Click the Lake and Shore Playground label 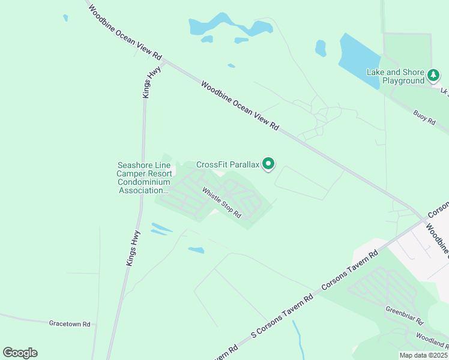396,76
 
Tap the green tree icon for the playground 433,76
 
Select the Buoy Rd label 424,116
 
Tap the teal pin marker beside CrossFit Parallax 269,163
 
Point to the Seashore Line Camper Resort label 144,178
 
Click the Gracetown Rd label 70,323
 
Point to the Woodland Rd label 431,340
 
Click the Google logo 20,353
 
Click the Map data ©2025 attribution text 423,355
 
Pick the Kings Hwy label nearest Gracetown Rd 133,248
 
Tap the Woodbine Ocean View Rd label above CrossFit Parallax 240,106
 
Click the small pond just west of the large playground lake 321,48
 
